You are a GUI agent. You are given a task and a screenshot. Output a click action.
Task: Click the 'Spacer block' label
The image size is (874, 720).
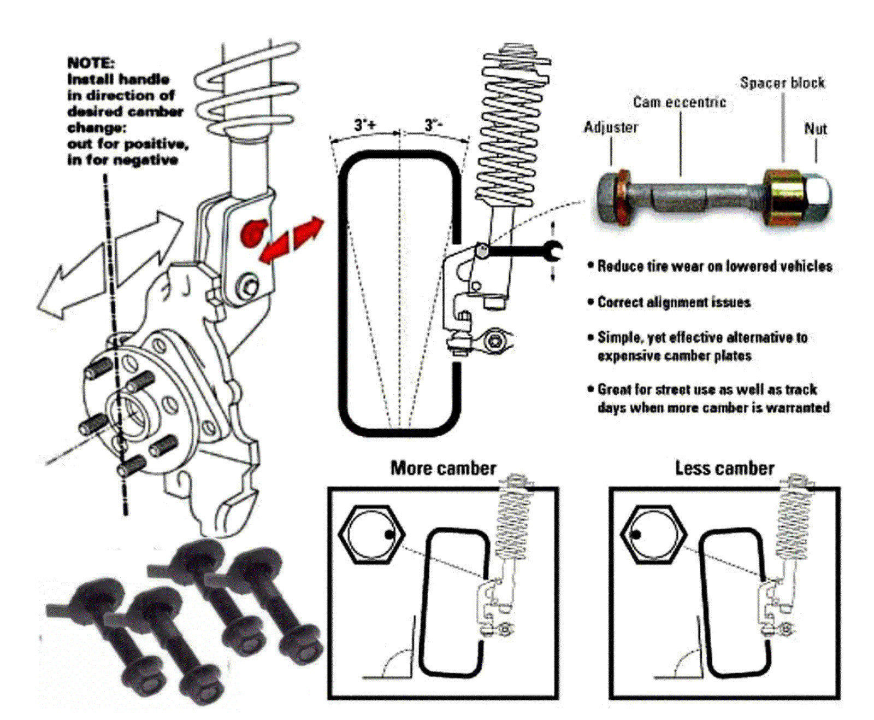[782, 83]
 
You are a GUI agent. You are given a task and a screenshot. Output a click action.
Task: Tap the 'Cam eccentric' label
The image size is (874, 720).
[680, 102]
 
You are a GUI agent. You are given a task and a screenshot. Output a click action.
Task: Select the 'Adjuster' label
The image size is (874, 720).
[611, 127]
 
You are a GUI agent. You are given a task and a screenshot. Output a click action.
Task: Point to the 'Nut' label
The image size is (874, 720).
[816, 129]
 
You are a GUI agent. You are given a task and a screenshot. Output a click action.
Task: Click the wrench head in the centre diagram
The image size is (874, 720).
[553, 250]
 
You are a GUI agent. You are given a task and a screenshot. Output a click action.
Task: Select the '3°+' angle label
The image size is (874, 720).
[365, 125]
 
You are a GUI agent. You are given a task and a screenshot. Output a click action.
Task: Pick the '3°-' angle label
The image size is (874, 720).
[434, 125]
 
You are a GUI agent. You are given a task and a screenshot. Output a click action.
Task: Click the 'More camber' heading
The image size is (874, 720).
[443, 469]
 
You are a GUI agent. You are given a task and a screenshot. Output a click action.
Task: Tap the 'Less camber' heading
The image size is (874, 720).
[724, 469]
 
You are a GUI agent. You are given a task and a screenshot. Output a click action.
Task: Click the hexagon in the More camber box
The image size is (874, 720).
[371, 534]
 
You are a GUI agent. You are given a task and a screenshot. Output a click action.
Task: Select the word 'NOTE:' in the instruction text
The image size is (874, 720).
[91, 63]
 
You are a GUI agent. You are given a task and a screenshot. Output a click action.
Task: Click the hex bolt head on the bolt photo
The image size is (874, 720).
[609, 198]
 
